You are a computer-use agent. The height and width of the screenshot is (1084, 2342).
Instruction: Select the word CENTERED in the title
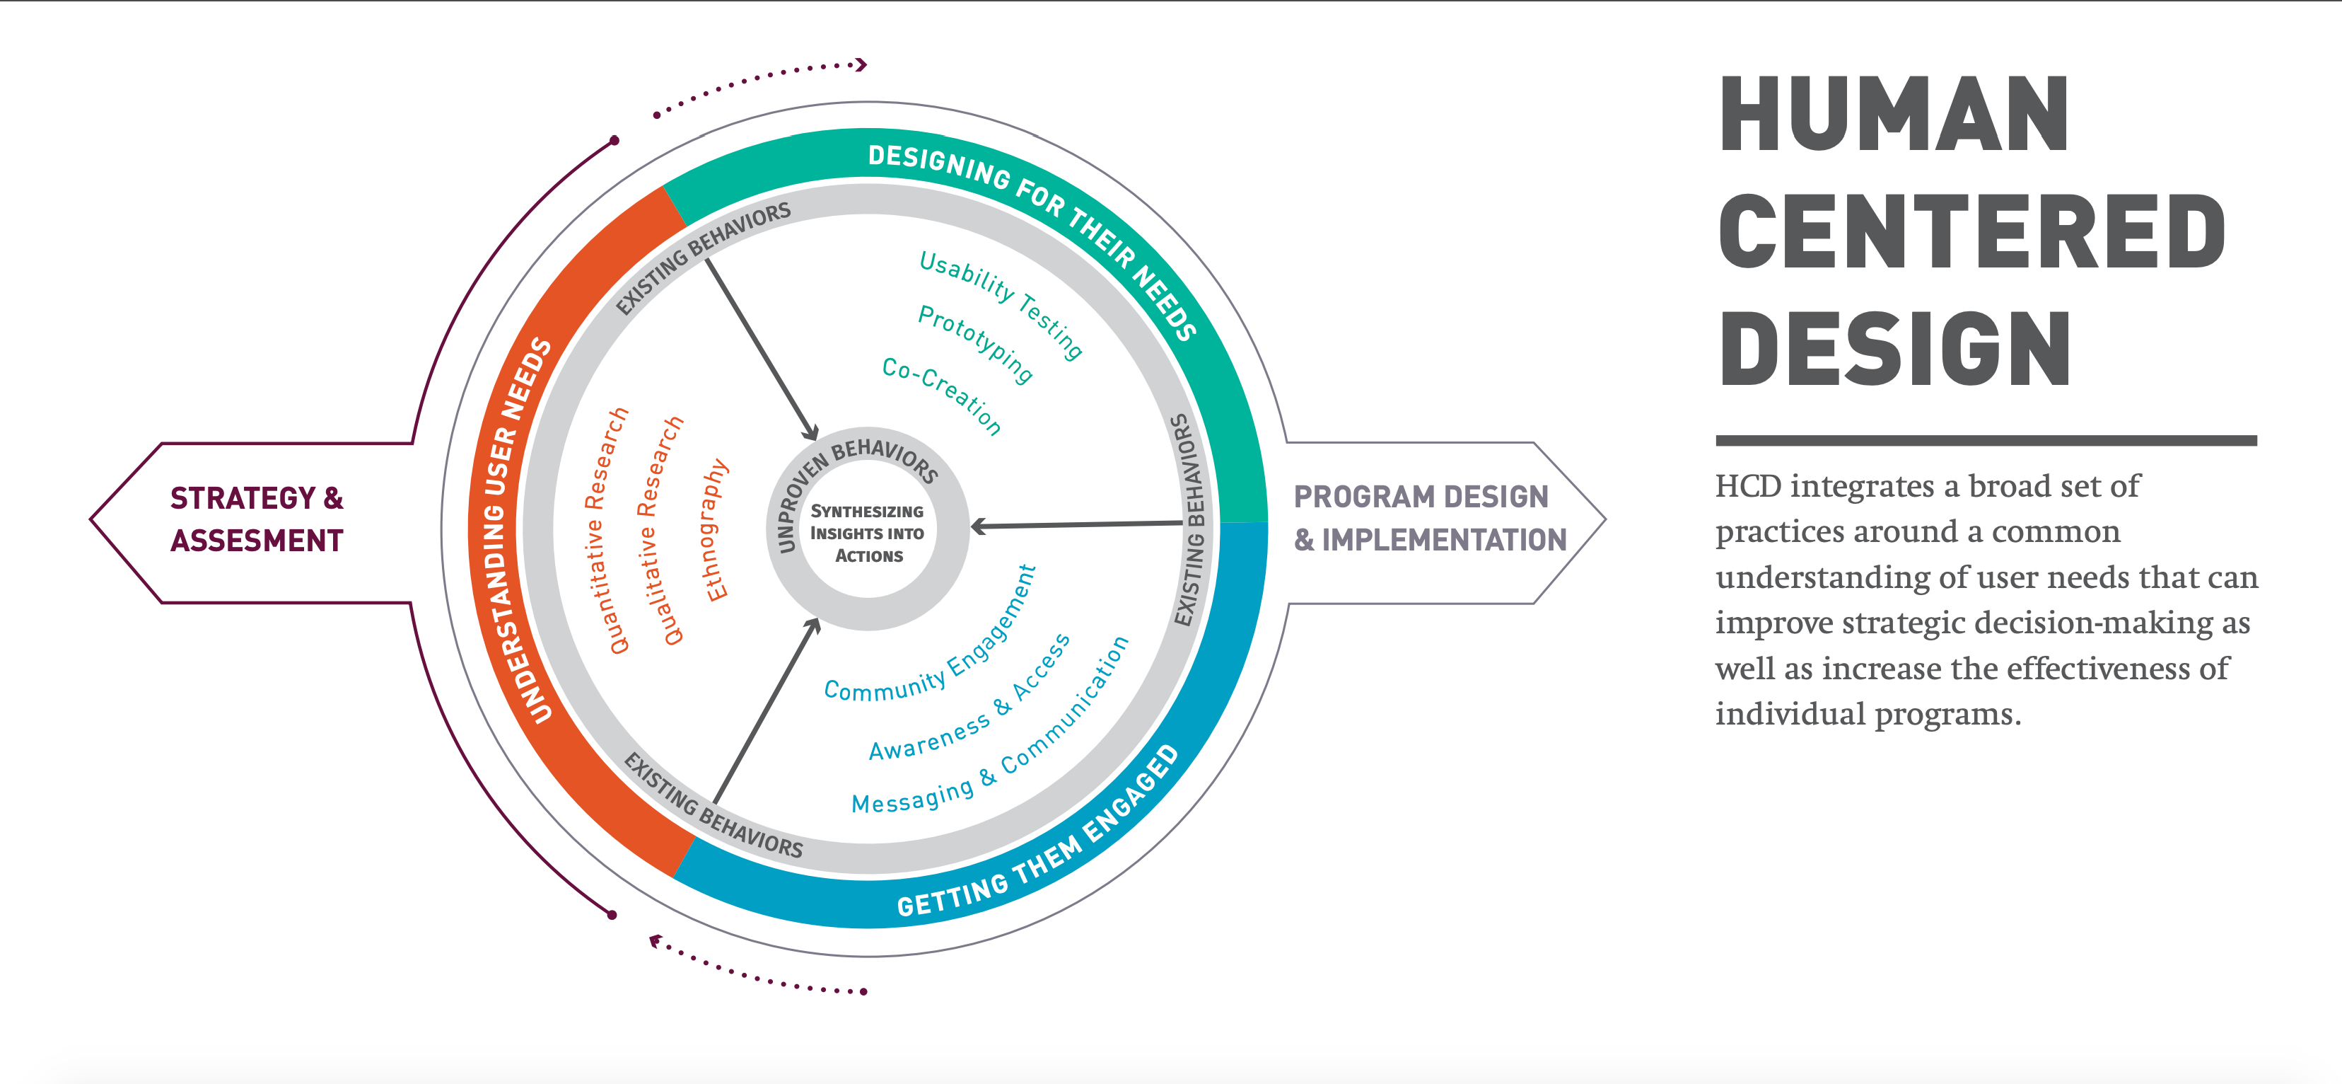pyautogui.click(x=1971, y=233)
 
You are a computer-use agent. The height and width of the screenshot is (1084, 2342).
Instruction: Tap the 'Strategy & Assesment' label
pyautogui.click(x=257, y=519)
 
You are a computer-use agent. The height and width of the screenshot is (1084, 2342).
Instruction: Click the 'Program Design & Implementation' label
pyautogui.click(x=1429, y=519)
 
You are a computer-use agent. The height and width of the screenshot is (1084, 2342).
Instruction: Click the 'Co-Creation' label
pyautogui.click(x=942, y=396)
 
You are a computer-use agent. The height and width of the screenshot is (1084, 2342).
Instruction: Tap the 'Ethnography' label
pyautogui.click(x=716, y=529)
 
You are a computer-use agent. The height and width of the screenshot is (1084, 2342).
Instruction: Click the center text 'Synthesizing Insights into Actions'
pyautogui.click(x=868, y=533)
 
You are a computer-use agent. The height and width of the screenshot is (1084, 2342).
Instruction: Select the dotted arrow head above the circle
pyautogui.click(x=861, y=64)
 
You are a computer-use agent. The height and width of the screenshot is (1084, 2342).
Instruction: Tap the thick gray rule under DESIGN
pyautogui.click(x=1986, y=440)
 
